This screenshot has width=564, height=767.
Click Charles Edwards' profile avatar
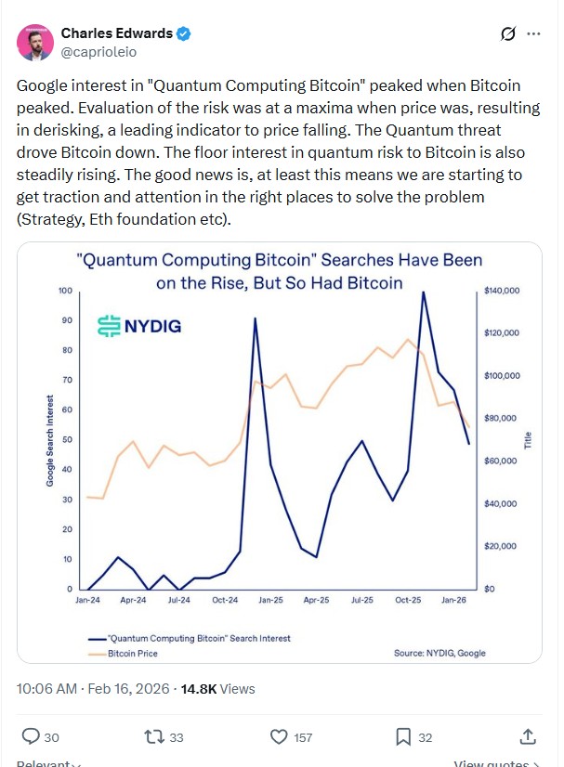tap(35, 43)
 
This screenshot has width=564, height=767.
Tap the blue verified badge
tap(185, 34)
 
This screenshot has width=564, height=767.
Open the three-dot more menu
tap(533, 34)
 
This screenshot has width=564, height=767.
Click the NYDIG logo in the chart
tap(139, 326)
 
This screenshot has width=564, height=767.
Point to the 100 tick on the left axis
tap(65, 291)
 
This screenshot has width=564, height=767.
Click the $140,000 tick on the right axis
tap(502, 291)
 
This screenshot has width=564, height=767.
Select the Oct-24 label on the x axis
tap(225, 601)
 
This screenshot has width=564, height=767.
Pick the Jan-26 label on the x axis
tap(454, 601)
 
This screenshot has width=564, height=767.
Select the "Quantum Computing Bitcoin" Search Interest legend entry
tap(194, 638)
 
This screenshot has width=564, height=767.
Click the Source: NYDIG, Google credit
tap(439, 654)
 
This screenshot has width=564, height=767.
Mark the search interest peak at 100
tap(424, 292)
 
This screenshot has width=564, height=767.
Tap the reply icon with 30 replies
tap(31, 736)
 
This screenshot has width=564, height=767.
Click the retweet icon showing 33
tap(155, 736)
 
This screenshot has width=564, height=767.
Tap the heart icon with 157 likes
tap(279, 736)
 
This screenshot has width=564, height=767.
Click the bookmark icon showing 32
tap(403, 736)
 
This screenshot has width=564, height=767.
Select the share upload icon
tap(528, 736)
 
